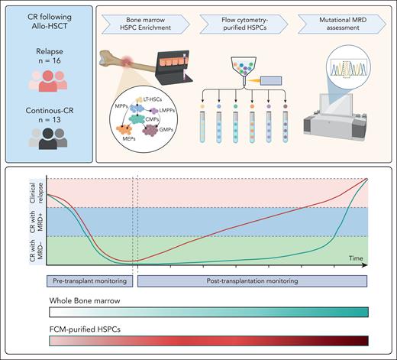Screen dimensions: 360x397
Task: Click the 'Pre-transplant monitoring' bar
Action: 90,280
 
